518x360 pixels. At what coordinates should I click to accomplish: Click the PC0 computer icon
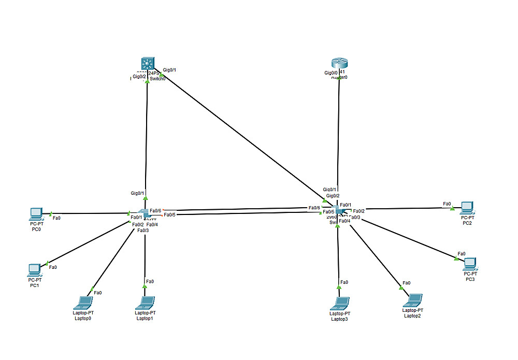coord(36,212)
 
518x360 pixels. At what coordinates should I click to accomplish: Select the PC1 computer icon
coord(34,269)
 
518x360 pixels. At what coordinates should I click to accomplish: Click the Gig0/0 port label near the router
coord(330,73)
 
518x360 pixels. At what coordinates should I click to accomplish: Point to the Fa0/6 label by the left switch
coord(155,210)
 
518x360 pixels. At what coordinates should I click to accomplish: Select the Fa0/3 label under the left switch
coord(143,230)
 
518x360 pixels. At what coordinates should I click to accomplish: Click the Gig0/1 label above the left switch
coord(137,193)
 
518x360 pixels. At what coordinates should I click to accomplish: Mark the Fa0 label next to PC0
coord(57,218)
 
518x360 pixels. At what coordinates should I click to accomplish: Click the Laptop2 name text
coord(412,315)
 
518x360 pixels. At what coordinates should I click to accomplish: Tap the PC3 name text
coord(470,279)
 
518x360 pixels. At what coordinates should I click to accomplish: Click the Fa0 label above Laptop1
coord(150,281)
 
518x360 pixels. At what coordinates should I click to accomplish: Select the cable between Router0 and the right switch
coord(339,135)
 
